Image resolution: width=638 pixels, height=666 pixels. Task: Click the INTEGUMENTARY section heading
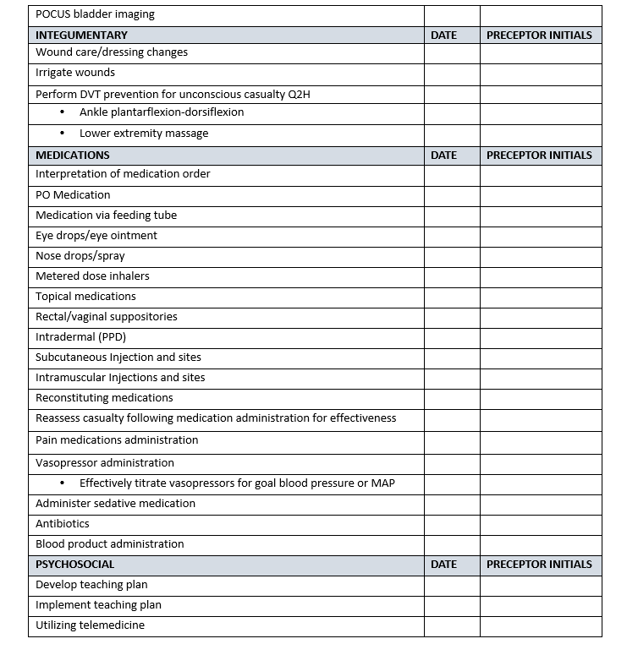pyautogui.click(x=81, y=35)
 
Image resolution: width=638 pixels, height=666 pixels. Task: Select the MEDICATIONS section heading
pyautogui.click(x=72, y=156)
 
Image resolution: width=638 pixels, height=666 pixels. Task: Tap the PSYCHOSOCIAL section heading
pyautogui.click(x=74, y=565)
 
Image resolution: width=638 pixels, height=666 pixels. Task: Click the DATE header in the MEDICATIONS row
pyautogui.click(x=443, y=156)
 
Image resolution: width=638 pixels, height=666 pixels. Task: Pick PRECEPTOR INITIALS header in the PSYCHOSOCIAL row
pyautogui.click(x=539, y=565)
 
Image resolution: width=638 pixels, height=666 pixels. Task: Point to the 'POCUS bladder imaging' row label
pyautogui.click(x=95, y=14)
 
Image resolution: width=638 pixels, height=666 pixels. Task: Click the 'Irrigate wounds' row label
pyautogui.click(x=75, y=73)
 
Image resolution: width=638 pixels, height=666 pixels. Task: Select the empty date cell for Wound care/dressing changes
pyautogui.click(x=452, y=52)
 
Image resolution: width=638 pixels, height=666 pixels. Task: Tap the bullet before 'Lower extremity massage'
pyautogui.click(x=62, y=134)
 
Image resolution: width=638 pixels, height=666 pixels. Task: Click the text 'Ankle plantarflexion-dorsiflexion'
pyautogui.click(x=162, y=112)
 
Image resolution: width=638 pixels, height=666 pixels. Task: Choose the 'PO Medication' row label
pyautogui.click(x=73, y=195)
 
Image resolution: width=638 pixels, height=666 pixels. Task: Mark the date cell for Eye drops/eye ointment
pyautogui.click(x=452, y=236)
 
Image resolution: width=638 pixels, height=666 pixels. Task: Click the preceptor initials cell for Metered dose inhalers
pyautogui.click(x=541, y=276)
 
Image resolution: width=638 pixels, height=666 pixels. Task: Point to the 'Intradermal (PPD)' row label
pyautogui.click(x=80, y=337)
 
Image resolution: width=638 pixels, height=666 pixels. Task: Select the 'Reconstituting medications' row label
pyautogui.click(x=104, y=398)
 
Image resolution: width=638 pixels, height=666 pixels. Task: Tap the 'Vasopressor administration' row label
pyautogui.click(x=105, y=463)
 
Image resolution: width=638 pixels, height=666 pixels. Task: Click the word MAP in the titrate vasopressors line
pyautogui.click(x=383, y=483)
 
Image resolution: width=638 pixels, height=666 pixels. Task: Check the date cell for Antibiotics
pyautogui.click(x=452, y=524)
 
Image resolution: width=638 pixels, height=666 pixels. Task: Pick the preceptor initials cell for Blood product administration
pyautogui.click(x=541, y=544)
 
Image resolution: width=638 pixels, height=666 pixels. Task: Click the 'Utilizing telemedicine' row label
pyautogui.click(x=90, y=625)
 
